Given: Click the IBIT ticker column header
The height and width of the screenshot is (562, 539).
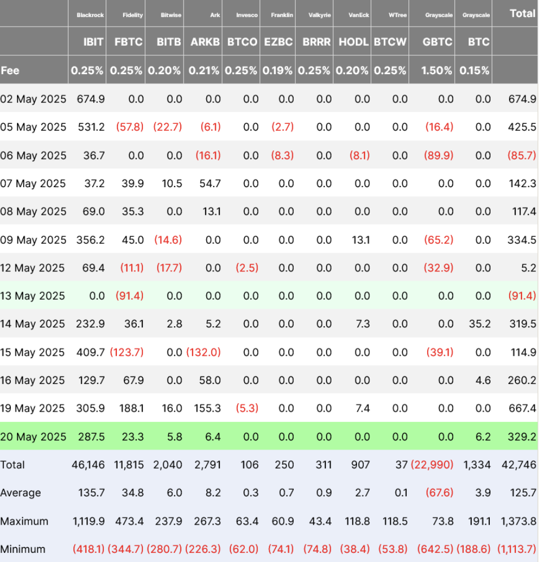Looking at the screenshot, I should point(93,42).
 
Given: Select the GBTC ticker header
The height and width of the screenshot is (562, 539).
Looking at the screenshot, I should point(438,42).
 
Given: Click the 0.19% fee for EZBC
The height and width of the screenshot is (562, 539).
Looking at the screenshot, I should point(278,71).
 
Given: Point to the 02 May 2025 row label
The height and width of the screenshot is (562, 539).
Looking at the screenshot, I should point(33,99).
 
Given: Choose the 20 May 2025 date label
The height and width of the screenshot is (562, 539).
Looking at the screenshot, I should point(33,437).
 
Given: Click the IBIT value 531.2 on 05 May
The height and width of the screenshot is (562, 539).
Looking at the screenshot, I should point(90,127).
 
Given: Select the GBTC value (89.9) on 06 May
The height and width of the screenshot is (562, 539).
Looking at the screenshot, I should point(439,155).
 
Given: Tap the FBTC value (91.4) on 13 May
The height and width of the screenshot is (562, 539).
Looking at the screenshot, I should point(129,296).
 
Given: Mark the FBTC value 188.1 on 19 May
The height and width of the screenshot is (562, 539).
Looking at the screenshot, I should point(132,408).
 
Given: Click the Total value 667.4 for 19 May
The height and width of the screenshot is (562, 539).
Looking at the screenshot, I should point(523,408).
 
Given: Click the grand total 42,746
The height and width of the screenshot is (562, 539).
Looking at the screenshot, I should point(519,465).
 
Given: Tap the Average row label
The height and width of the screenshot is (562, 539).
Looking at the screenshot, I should point(20,493).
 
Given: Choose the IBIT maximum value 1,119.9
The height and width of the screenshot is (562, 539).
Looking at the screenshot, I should point(88,521).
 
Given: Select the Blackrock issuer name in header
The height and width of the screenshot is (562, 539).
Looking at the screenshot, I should point(90,15).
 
